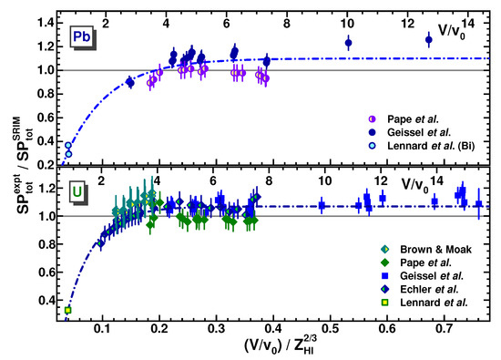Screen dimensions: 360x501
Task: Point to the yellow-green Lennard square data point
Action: (68, 310)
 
